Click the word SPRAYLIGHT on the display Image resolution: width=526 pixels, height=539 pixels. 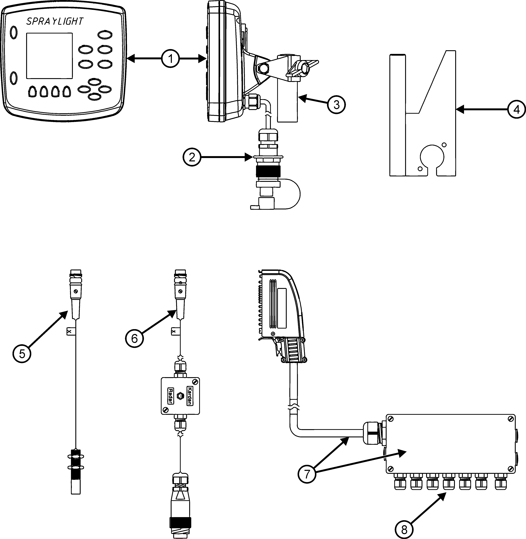tap(55, 21)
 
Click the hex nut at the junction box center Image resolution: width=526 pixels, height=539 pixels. tap(180, 396)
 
